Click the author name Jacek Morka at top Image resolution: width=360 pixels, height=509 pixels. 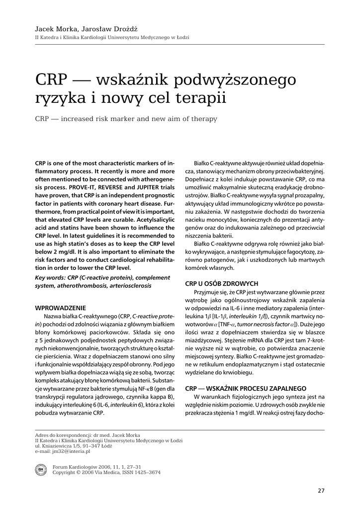coord(52,30)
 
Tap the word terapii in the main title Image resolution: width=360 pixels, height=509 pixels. coord(199,97)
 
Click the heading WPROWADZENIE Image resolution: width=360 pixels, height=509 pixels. coord(60,308)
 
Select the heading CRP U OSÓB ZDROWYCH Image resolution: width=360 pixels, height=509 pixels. coord(221,284)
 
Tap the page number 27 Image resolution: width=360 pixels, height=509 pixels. coord(321,491)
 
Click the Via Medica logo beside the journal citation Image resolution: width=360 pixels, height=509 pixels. coord(41,470)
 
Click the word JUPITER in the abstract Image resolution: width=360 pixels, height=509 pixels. coord(138,188)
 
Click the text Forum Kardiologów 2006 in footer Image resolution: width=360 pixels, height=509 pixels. coord(82,467)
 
